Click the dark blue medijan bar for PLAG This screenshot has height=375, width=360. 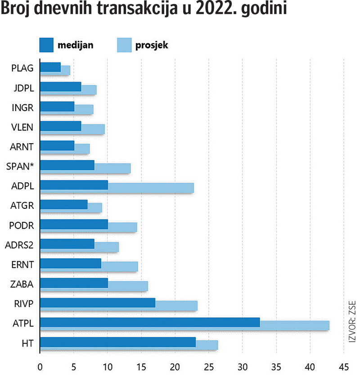click(50, 67)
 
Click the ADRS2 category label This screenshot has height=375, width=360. click(21, 245)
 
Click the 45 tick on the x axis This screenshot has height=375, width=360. click(344, 366)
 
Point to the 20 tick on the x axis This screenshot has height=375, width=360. click(175, 366)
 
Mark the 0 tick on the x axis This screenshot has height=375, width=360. click(40, 366)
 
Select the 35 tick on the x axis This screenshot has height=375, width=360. click(276, 366)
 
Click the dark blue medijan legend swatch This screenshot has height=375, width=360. click(46, 45)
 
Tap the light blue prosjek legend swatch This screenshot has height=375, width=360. click(124, 45)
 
